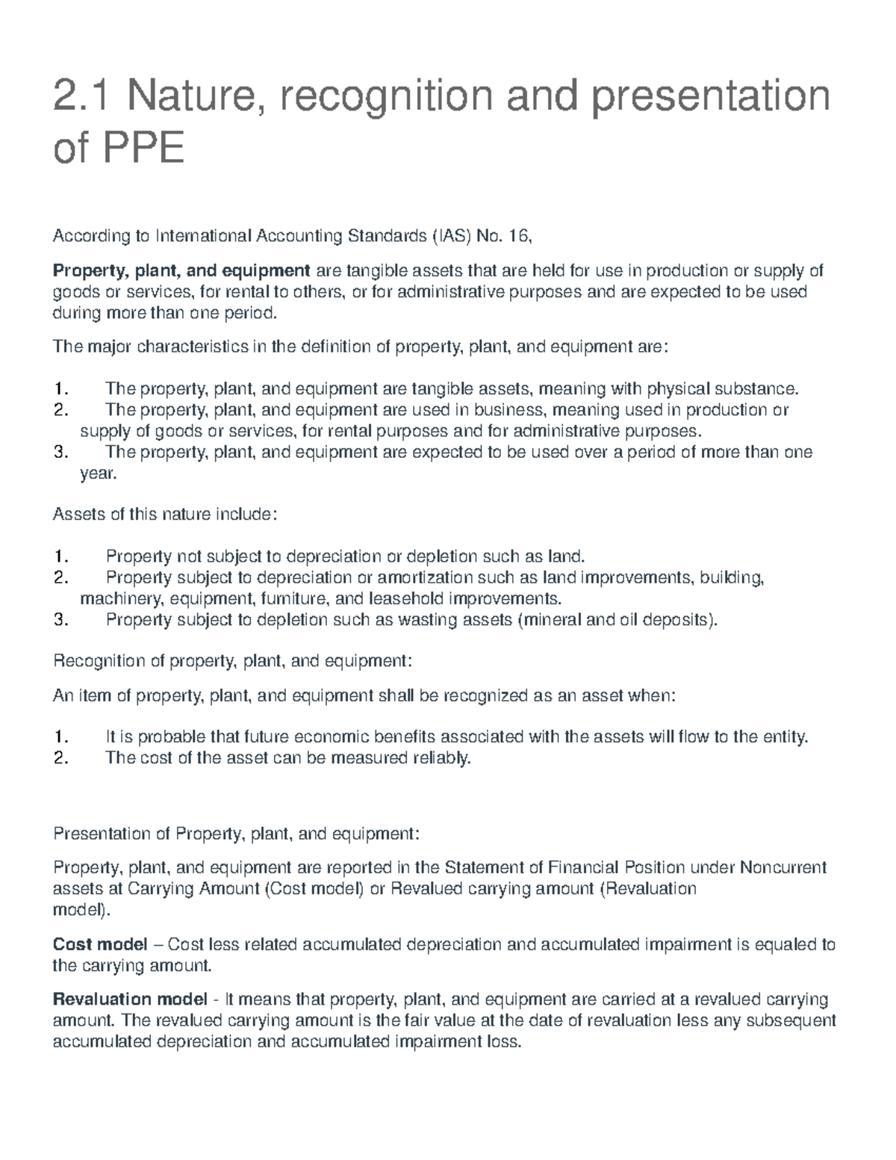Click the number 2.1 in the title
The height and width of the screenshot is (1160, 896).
click(x=82, y=97)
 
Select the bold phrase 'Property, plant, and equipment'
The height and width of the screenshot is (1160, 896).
click(x=181, y=270)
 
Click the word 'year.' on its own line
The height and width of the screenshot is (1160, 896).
click(x=99, y=473)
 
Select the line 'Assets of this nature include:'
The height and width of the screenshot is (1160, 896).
click(x=165, y=515)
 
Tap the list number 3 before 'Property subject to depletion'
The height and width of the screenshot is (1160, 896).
click(x=60, y=619)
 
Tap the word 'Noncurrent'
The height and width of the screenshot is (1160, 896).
click(x=783, y=868)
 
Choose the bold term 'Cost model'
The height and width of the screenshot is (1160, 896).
click(x=100, y=945)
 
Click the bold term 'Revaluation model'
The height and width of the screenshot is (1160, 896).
click(x=130, y=999)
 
